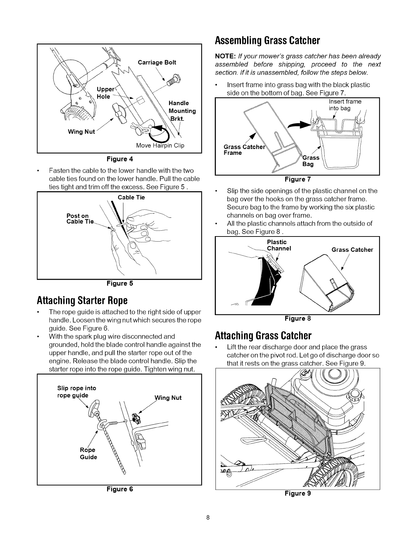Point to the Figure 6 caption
tap(120, 489)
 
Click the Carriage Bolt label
tap(157, 62)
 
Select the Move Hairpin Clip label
tap(160, 146)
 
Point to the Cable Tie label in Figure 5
tap(131, 197)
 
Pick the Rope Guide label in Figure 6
tap(88, 454)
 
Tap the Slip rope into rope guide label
tap(76, 392)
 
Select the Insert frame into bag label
tap(345, 105)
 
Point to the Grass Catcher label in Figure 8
tap(352, 250)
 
